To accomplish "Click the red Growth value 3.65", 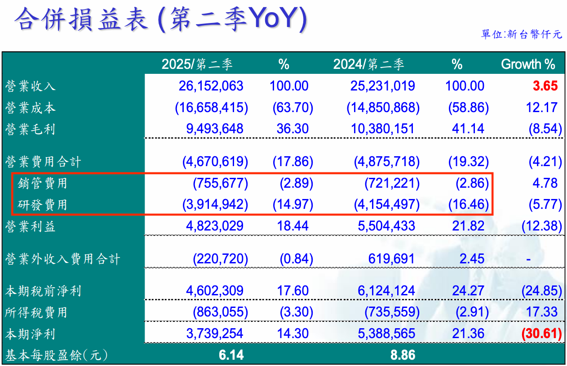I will pos(545,86).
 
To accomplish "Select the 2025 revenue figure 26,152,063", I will pos(211,86).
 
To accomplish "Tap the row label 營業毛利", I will pos(30,129).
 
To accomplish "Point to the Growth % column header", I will pos(528,64).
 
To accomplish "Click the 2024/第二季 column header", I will pos(368,64).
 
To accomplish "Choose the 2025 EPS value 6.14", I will pos(231,355).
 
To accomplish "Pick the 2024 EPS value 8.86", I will pos(403,355).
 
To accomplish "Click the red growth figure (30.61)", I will pos(541,334).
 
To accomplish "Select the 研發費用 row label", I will pos(43,205).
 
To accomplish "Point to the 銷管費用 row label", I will pos(43,183).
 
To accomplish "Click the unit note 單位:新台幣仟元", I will pos(521,35).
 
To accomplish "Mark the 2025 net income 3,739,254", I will pos(214,334).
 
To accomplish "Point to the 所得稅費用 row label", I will pos(36,312).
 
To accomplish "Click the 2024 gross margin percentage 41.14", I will pos(468,129).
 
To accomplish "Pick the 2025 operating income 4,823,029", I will pos(214,226).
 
